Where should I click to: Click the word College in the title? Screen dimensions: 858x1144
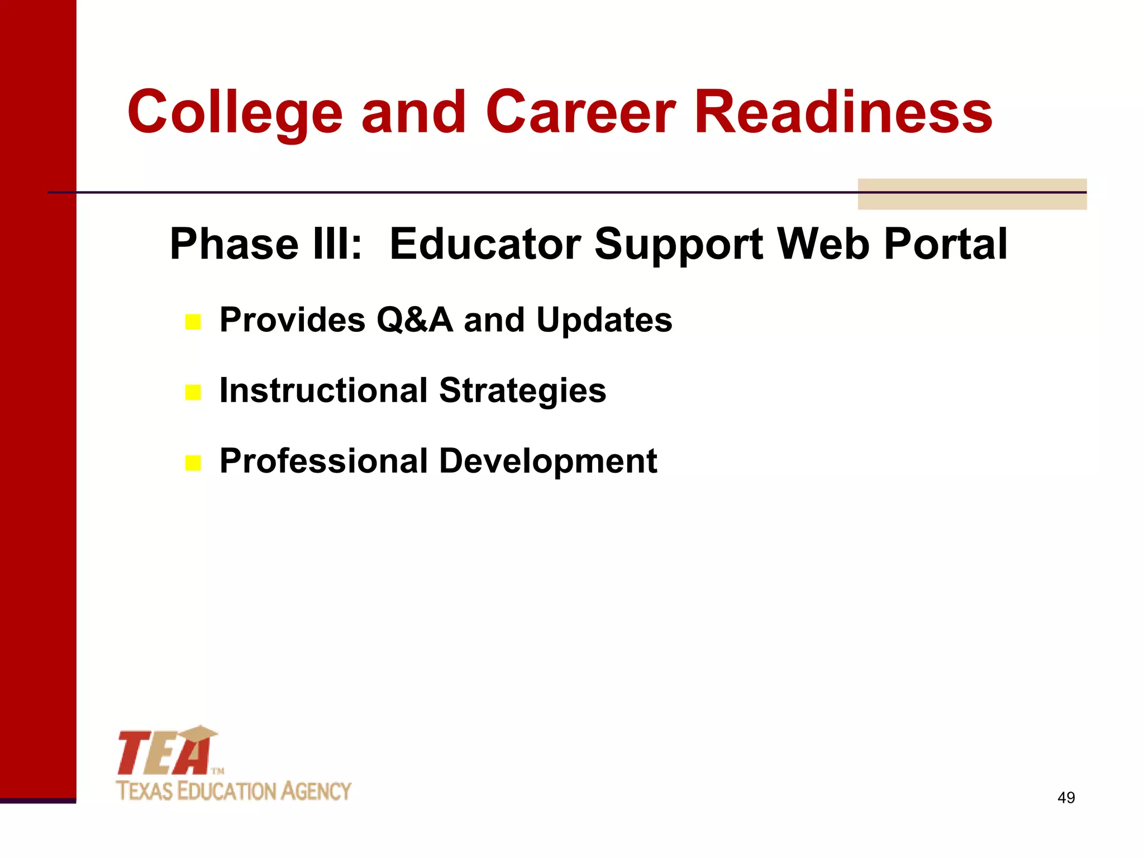(235, 113)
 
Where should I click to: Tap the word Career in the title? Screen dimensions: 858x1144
(581, 113)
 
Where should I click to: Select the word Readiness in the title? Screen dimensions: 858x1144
(843, 113)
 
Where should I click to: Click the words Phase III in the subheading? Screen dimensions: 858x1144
(266, 244)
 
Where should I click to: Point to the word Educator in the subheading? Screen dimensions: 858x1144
(485, 244)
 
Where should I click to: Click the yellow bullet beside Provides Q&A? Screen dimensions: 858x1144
(193, 322)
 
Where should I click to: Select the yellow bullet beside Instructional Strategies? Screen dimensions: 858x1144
(193, 393)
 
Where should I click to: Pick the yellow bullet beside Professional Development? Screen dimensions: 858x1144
(193, 463)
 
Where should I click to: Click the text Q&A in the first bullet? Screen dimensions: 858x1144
(414, 320)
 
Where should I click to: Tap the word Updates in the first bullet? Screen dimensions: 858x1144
(604, 320)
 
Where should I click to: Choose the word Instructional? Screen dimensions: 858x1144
(323, 390)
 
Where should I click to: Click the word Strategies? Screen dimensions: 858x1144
(522, 390)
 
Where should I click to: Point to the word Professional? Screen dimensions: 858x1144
(323, 461)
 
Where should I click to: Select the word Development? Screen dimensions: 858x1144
(548, 461)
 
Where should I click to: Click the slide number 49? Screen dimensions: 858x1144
(1066, 798)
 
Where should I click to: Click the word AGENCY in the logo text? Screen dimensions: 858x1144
(316, 792)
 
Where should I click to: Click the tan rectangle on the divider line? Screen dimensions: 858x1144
(972, 194)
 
